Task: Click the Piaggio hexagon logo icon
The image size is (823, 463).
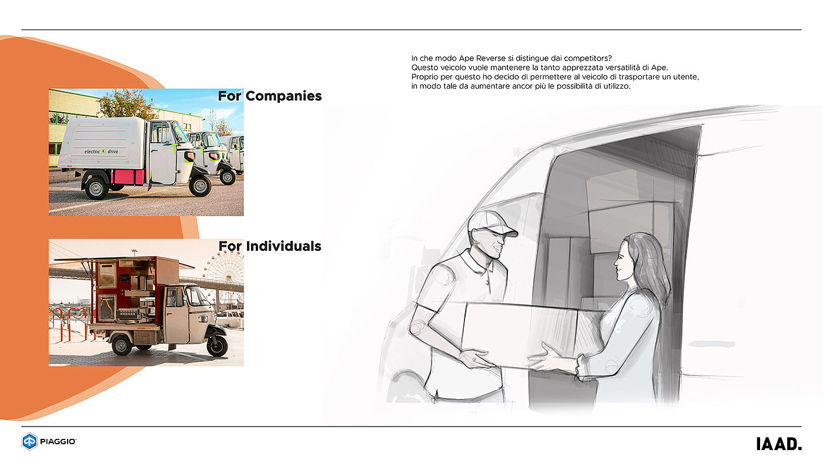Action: click(x=29, y=441)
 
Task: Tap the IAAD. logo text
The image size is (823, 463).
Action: click(x=778, y=444)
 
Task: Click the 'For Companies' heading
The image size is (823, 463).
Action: click(x=270, y=96)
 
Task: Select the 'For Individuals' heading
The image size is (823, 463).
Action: click(x=270, y=246)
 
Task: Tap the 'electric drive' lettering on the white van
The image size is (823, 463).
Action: click(x=101, y=151)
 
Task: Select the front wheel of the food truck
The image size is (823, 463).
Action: click(x=217, y=345)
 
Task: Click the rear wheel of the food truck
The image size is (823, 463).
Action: click(x=122, y=344)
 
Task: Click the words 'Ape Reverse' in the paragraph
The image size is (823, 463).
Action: click(x=476, y=58)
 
